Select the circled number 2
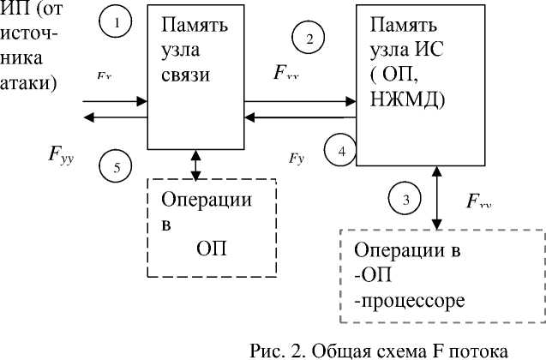coord(309,38)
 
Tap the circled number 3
coord(405,200)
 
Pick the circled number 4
coord(341,152)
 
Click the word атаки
coord(27,83)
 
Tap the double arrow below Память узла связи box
coord(197,165)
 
